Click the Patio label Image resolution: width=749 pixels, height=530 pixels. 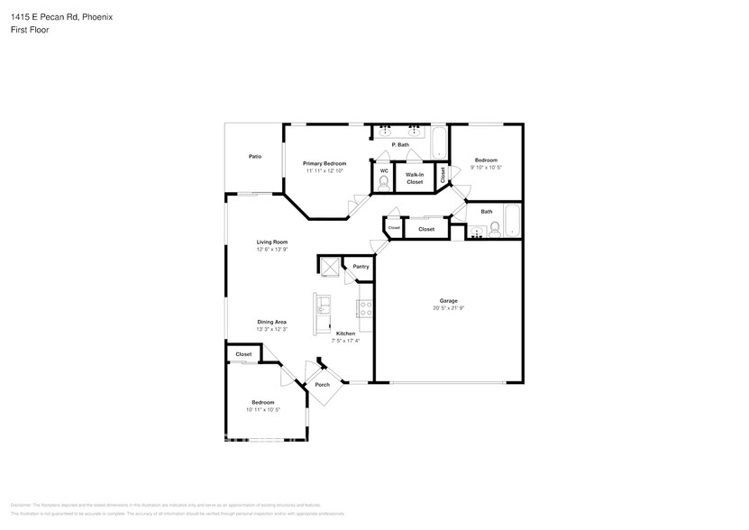[x=255, y=157]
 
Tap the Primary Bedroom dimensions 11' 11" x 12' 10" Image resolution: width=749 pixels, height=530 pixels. [x=324, y=170]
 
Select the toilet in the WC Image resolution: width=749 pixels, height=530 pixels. [x=383, y=182]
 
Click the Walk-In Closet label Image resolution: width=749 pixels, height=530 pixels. [x=415, y=178]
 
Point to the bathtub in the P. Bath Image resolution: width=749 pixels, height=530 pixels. [x=439, y=142]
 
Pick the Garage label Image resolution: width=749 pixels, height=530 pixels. [x=448, y=300]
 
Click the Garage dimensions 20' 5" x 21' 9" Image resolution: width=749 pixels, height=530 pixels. [x=448, y=308]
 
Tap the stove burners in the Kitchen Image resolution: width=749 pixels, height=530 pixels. [x=366, y=308]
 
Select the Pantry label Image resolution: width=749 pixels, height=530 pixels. [x=361, y=267]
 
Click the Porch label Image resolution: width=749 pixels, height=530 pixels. [x=322, y=385]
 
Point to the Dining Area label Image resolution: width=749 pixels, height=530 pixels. [x=271, y=322]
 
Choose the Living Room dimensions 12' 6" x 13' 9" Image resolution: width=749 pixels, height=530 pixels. [x=271, y=250]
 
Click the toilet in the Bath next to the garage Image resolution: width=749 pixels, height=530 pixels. [x=494, y=228]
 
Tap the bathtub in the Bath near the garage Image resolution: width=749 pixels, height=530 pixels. [x=512, y=221]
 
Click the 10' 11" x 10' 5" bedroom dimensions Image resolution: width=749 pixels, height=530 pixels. [x=262, y=410]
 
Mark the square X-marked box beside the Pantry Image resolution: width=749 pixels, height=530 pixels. [x=328, y=265]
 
